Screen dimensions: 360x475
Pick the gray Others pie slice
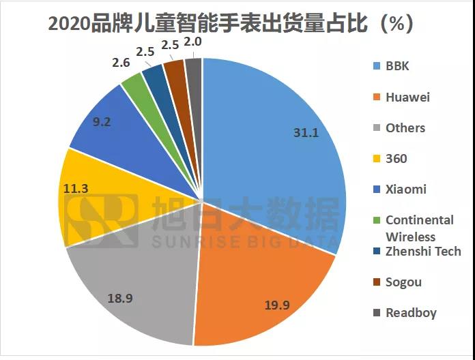(x=136, y=286)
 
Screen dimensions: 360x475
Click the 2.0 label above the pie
(x=193, y=42)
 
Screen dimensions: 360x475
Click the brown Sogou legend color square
(x=375, y=282)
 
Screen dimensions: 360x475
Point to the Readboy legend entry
(x=410, y=313)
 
